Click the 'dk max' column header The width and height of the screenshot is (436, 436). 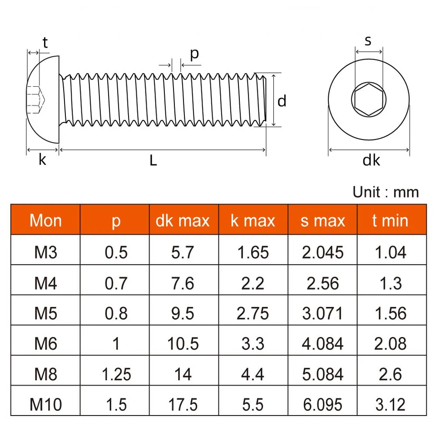(x=183, y=221)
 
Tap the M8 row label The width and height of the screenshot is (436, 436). (x=45, y=374)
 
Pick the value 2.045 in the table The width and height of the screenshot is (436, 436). (x=322, y=253)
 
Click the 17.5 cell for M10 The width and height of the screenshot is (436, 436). (x=183, y=405)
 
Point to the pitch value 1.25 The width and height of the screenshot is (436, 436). (x=116, y=374)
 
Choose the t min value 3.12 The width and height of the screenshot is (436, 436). (x=391, y=405)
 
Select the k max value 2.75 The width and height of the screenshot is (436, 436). (x=253, y=313)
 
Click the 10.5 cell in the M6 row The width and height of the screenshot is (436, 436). (x=183, y=344)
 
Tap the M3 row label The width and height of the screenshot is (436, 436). (x=45, y=253)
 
